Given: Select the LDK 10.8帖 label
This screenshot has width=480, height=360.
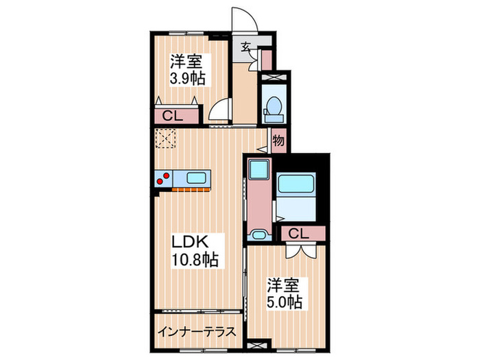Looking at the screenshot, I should [194, 250].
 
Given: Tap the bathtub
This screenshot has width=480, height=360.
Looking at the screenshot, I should [296, 184].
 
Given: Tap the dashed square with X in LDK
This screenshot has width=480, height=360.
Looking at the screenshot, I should [166, 139].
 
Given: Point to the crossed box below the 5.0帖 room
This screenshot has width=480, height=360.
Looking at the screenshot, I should [256, 346].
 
